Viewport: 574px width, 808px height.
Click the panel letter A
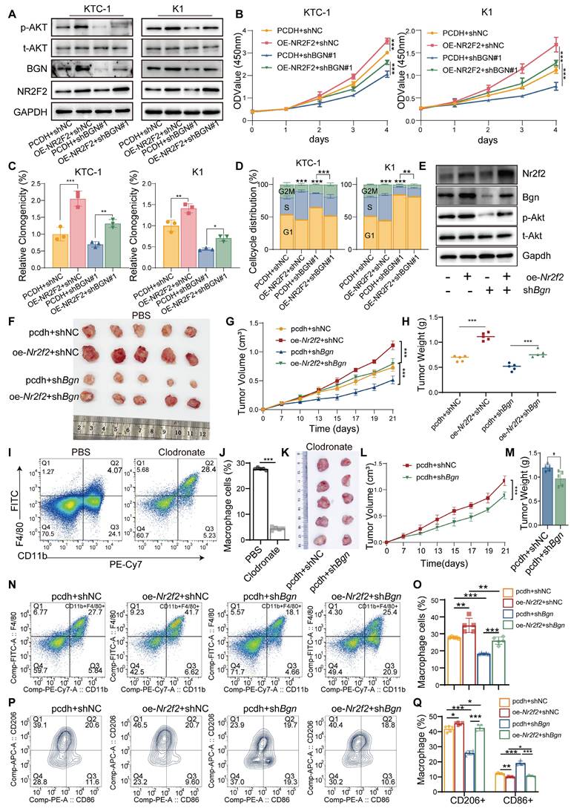click(x=7, y=8)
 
